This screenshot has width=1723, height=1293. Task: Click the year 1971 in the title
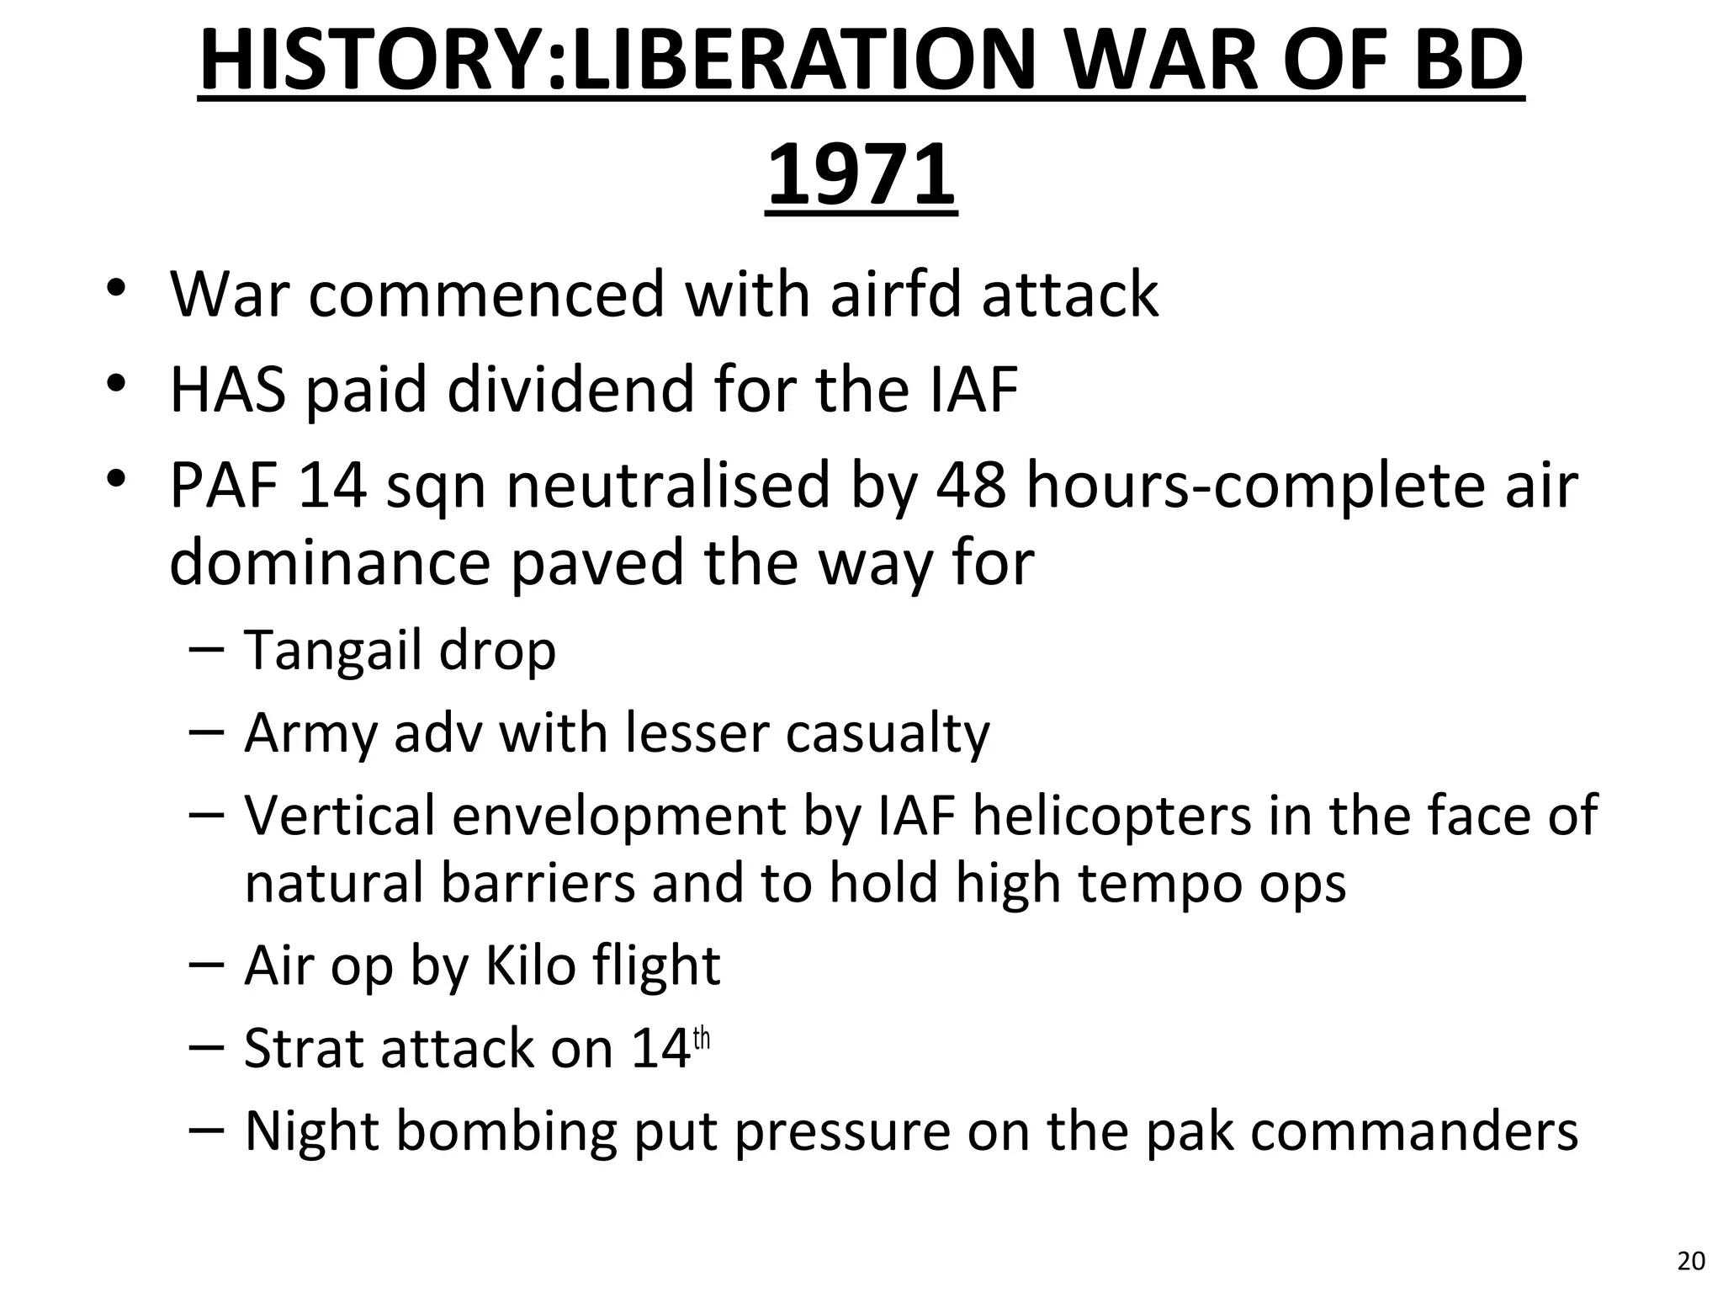pos(861,175)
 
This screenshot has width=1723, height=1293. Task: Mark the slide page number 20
pos(1691,1261)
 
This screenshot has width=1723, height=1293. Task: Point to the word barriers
pos(538,883)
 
